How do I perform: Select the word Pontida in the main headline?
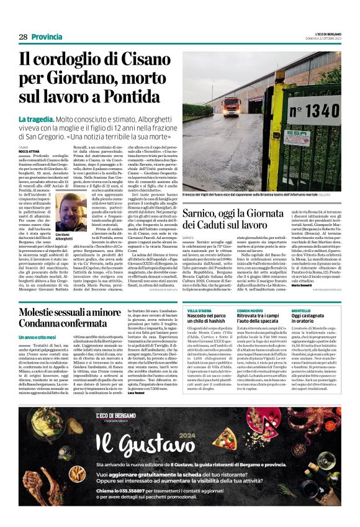[x=131, y=97]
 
